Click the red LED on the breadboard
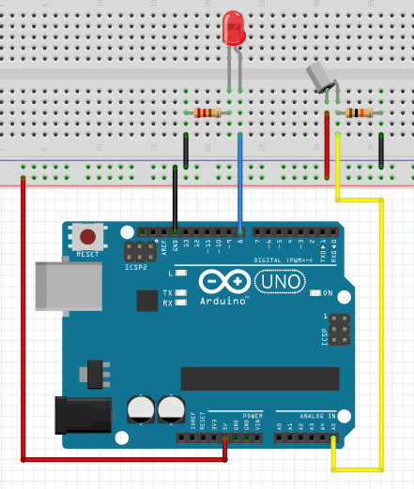(x=233, y=30)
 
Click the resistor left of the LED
(x=207, y=113)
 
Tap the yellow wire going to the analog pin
(x=380, y=328)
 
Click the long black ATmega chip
(x=260, y=377)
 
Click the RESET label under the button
(x=87, y=254)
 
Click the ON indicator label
(x=328, y=293)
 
